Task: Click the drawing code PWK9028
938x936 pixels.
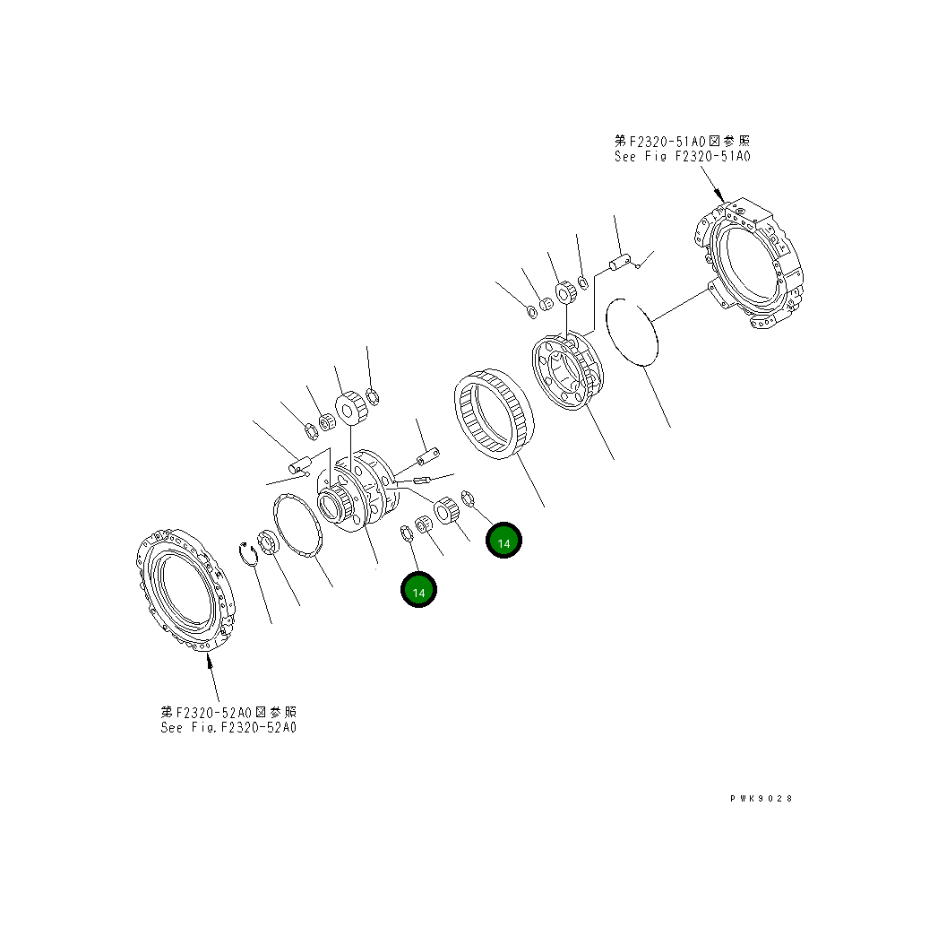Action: tap(761, 798)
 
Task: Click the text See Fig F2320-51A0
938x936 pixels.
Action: tap(682, 156)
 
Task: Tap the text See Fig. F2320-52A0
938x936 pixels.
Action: tap(228, 727)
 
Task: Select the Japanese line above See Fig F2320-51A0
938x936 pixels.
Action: tap(682, 142)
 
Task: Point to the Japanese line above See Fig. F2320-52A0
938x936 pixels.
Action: tap(228, 712)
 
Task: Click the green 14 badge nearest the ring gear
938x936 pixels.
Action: tap(503, 540)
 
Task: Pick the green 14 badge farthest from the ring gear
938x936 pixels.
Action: tap(418, 590)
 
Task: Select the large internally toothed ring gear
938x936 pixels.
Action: tap(495, 413)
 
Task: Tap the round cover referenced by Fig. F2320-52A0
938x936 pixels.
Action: tap(185, 590)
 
